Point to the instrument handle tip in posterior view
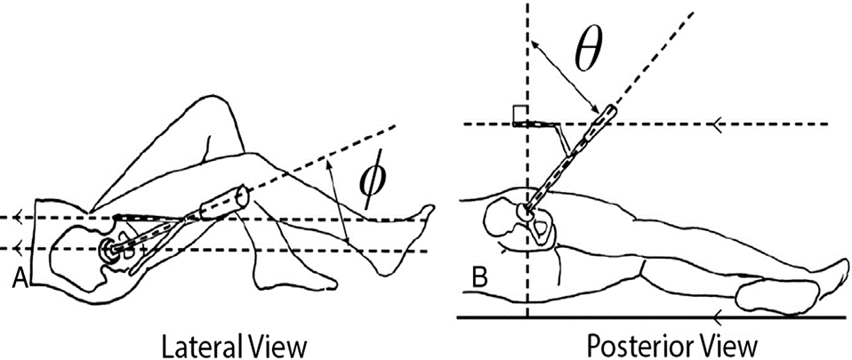click(x=607, y=112)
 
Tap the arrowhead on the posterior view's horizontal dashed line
click(x=715, y=124)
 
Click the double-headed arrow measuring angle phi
click(x=337, y=201)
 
